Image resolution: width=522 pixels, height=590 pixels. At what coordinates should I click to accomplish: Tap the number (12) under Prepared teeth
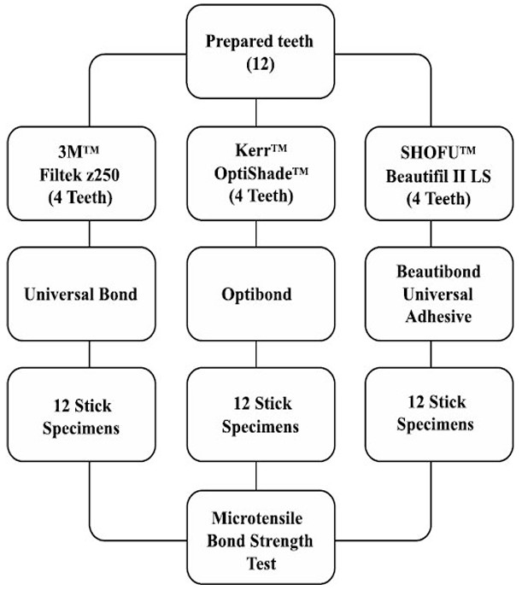(x=260, y=64)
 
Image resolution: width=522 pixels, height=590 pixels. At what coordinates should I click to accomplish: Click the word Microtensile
(x=260, y=521)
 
